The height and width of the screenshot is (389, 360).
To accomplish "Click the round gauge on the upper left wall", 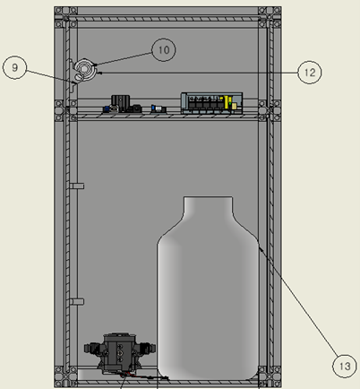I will (85, 69).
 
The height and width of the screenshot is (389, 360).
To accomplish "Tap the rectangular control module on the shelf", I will (211, 101).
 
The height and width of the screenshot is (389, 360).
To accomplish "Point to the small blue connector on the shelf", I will (159, 108).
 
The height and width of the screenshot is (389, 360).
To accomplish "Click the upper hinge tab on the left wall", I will (77, 186).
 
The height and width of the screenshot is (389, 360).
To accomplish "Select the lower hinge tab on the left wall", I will (77, 301).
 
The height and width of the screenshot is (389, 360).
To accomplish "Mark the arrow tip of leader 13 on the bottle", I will (260, 248).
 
